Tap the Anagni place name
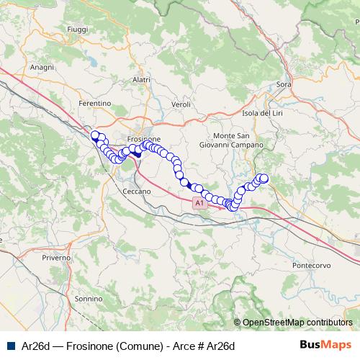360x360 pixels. (x=42, y=67)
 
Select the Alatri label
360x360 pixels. (x=141, y=80)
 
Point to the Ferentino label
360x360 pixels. (x=95, y=104)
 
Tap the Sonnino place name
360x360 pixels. (x=89, y=298)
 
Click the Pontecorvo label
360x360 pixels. (x=311, y=265)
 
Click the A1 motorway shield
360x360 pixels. (x=199, y=204)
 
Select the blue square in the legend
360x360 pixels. (x=10, y=346)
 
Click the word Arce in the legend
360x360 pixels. (x=184, y=346)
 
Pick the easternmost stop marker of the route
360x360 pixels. (x=264, y=178)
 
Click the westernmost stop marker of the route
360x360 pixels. (x=94, y=135)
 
